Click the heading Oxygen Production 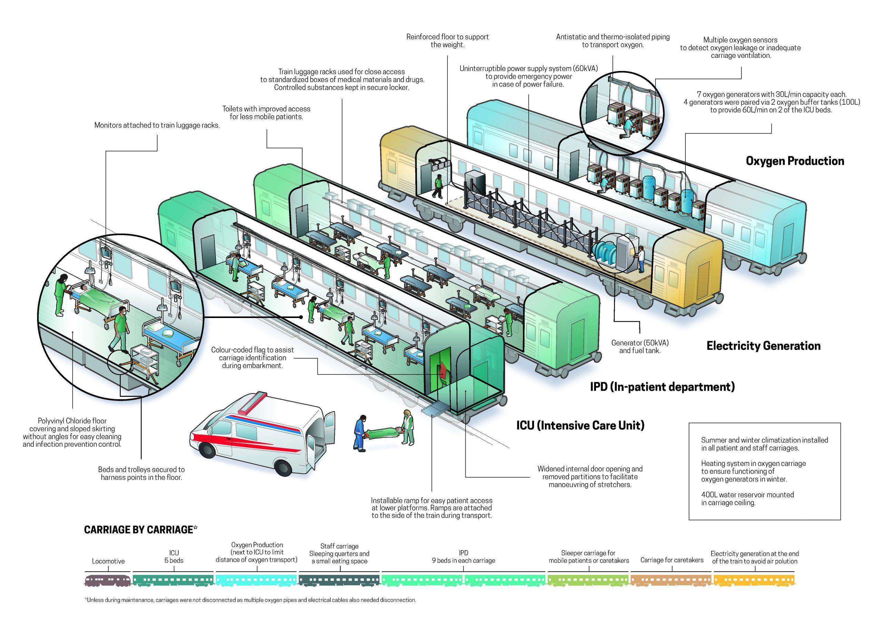coord(795,161)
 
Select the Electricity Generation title coord(763,346)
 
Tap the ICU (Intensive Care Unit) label coord(580,425)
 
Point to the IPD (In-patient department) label coord(662,387)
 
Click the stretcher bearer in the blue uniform coord(360,433)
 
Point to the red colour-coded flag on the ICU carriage coord(442,372)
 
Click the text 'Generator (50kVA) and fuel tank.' coord(640,346)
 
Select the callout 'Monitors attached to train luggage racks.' coord(157,125)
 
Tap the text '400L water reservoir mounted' coord(747,495)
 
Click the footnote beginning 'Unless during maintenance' coord(250,600)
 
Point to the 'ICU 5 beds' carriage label coord(173,557)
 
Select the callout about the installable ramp coord(431,508)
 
